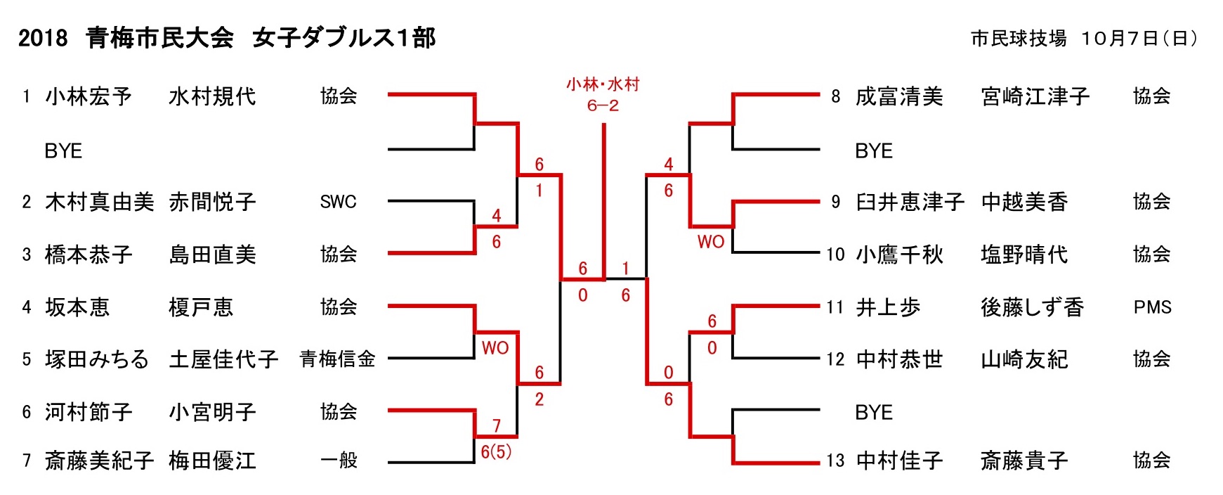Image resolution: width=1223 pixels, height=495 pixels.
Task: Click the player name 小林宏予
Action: click(x=89, y=96)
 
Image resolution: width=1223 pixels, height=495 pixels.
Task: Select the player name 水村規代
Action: click(x=212, y=96)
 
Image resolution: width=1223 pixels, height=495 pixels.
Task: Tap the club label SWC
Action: click(x=338, y=202)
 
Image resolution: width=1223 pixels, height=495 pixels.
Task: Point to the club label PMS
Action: click(x=1152, y=307)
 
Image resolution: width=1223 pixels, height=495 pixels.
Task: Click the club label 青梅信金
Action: click(x=338, y=359)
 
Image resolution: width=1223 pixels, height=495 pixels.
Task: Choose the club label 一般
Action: click(x=339, y=461)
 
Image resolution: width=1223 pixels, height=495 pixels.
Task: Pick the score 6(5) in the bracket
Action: click(x=496, y=451)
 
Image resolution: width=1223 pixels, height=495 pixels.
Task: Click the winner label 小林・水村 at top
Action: click(x=603, y=84)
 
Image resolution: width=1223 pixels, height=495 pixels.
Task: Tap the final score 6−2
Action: click(x=603, y=105)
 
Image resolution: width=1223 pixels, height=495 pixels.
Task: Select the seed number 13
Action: click(x=835, y=461)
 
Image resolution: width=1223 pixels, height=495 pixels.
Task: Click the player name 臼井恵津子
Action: click(x=910, y=202)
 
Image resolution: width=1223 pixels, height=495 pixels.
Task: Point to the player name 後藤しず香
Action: click(x=1032, y=307)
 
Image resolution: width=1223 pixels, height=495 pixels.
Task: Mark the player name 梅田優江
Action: click(x=212, y=461)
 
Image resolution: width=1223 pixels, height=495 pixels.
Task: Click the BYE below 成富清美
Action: click(x=874, y=150)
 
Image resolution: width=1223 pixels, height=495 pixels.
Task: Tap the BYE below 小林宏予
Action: click(x=63, y=150)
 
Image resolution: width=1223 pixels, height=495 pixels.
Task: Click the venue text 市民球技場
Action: click(x=1019, y=38)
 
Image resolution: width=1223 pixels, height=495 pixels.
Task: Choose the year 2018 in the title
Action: click(x=43, y=38)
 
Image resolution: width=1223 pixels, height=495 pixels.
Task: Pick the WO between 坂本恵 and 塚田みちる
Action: click(x=495, y=347)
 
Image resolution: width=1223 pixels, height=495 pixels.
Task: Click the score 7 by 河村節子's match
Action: click(x=497, y=425)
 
